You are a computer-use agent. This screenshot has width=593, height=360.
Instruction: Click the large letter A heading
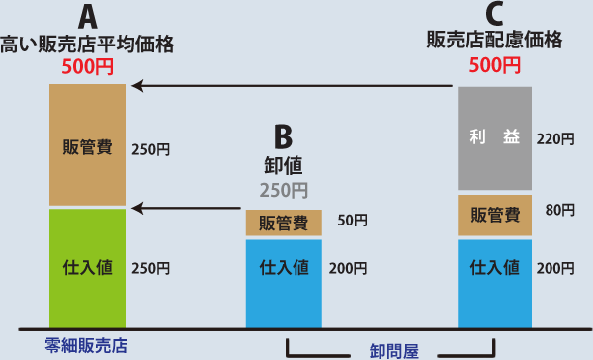(x=87, y=17)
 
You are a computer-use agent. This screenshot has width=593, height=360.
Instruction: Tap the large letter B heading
(x=284, y=135)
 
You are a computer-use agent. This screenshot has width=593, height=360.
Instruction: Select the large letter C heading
(x=494, y=14)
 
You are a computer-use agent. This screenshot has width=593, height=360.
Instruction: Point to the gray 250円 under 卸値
(x=284, y=190)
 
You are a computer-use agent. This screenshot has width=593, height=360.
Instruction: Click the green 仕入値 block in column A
(x=87, y=268)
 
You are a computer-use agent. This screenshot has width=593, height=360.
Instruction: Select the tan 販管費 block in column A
(x=87, y=145)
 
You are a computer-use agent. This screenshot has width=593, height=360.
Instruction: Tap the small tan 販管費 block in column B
(x=284, y=223)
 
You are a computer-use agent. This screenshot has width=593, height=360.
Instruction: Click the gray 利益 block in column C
(x=495, y=138)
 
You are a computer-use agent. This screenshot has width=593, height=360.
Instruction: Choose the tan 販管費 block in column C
(x=495, y=214)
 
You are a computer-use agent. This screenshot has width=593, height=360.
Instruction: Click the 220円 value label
(x=554, y=139)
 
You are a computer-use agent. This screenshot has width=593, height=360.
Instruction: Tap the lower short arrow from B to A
(x=187, y=208)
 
